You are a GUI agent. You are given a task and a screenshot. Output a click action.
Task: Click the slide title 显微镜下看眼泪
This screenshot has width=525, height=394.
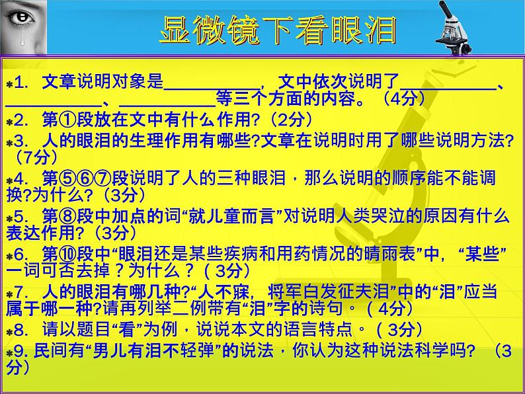[278, 30]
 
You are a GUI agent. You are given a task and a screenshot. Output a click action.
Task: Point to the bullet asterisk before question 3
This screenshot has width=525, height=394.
[9, 142]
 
